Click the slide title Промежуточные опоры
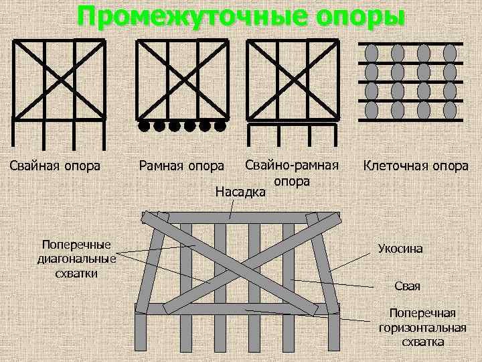[241, 16]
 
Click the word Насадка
[240, 192]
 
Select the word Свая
[408, 286]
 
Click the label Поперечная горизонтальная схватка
[422, 327]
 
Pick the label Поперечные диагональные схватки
[76, 258]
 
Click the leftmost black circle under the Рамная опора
[143, 125]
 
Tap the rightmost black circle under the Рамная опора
[220, 125]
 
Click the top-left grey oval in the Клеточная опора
[372, 53]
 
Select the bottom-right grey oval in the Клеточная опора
[450, 109]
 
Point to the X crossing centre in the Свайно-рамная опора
[292, 80]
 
